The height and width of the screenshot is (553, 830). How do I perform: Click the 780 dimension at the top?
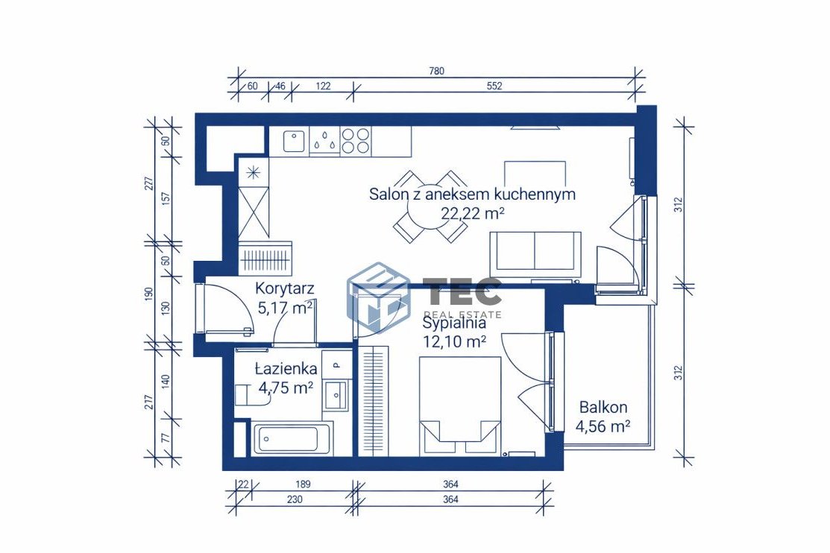click(437, 71)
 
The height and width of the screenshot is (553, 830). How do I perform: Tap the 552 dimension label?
click(494, 86)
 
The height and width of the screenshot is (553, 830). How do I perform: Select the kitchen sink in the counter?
click(294, 142)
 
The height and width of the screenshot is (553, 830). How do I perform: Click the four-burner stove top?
click(355, 141)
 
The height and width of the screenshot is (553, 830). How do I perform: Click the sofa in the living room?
click(535, 255)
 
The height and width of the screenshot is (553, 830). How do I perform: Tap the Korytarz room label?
click(285, 288)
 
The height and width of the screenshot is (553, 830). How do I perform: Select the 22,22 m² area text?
click(472, 212)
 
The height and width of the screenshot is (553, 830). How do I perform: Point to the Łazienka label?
click(286, 368)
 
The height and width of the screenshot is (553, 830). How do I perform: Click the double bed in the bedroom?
click(460, 406)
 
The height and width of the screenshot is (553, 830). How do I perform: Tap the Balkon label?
click(603, 407)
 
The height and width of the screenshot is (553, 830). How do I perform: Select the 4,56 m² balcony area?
click(603, 426)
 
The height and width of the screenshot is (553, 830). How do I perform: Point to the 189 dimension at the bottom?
click(304, 484)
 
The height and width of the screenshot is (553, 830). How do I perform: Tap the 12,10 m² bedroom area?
click(455, 341)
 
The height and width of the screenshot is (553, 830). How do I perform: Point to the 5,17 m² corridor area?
click(284, 307)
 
